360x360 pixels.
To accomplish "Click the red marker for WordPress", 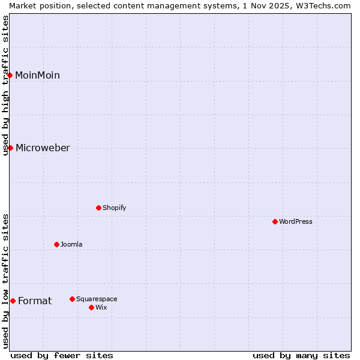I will click(x=275, y=221).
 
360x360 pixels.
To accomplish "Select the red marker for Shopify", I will click(x=98, y=208).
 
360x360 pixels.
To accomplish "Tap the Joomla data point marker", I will click(x=56, y=244).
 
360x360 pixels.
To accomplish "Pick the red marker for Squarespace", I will click(x=72, y=299).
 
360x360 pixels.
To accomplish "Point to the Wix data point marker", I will click(x=91, y=307).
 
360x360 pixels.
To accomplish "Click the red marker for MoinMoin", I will click(x=10, y=75).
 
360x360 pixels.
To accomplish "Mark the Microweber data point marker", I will click(x=10, y=148).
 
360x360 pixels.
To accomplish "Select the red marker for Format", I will click(x=13, y=301).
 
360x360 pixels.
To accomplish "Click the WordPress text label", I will click(x=296, y=221).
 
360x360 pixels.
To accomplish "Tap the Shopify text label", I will click(x=114, y=208).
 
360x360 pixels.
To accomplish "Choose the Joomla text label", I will click(x=71, y=244).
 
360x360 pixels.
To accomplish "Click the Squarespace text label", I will click(x=97, y=299).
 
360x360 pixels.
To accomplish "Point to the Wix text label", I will click(x=101, y=307).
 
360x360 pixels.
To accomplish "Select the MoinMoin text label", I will click(x=37, y=75).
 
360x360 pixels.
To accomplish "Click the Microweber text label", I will click(x=43, y=148).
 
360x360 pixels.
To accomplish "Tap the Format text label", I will click(x=35, y=301).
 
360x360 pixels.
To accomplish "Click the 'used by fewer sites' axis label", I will click(x=62, y=355).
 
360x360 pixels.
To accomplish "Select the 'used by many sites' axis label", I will click(x=301, y=355).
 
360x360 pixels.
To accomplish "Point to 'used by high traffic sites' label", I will click(x=5, y=85).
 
